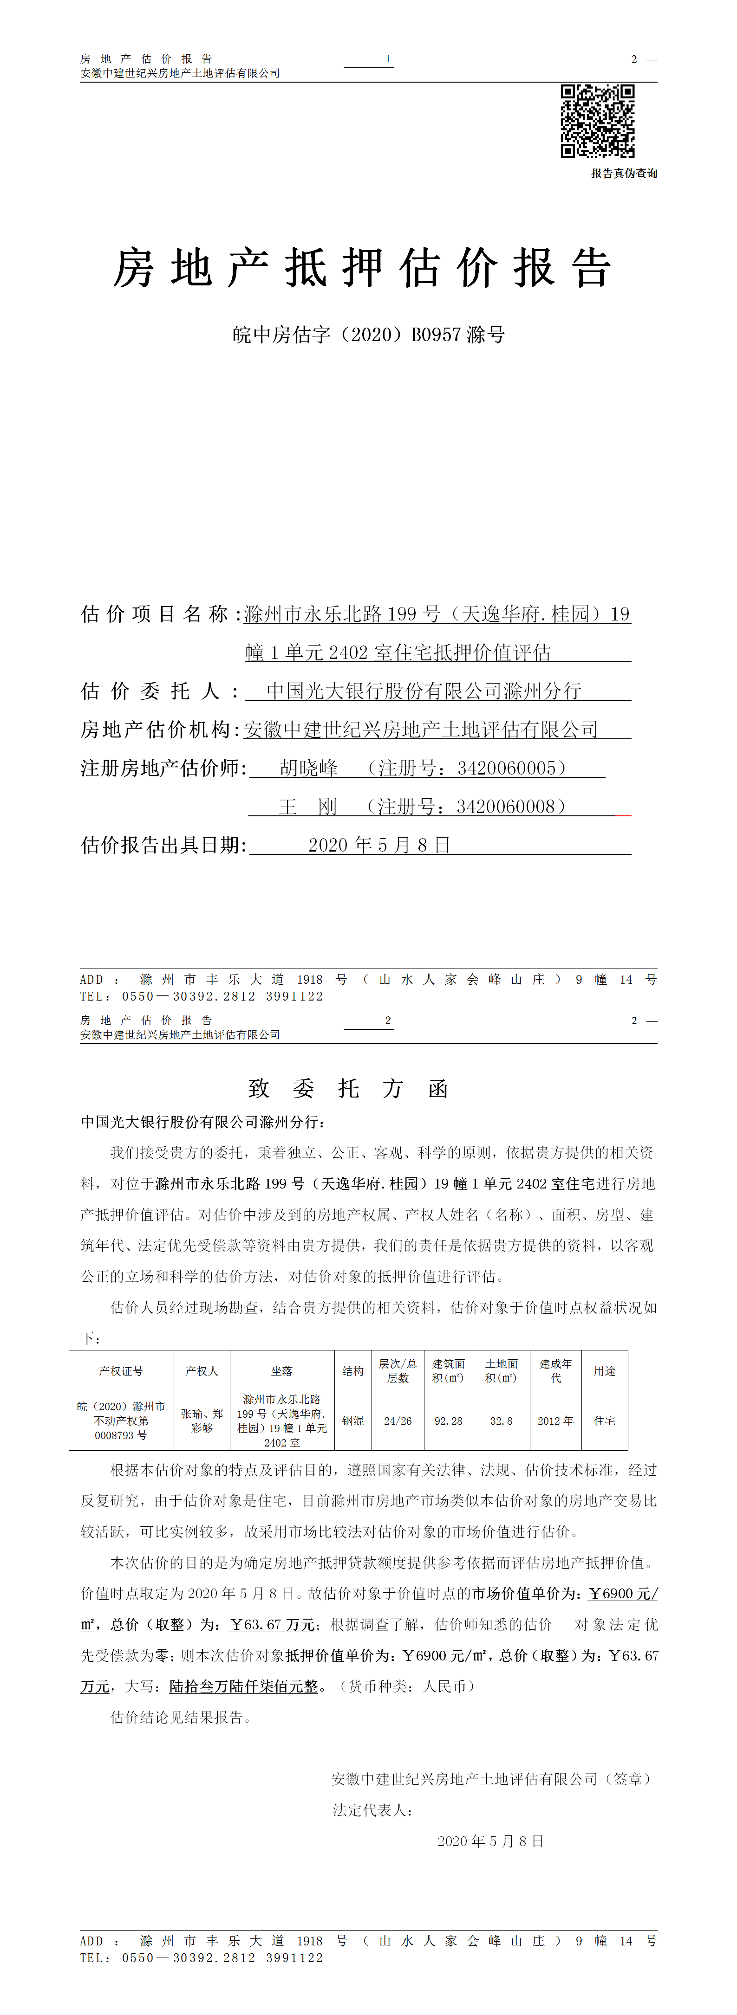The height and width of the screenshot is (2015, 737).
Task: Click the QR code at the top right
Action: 597,121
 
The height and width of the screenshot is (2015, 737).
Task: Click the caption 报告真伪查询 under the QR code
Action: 624,174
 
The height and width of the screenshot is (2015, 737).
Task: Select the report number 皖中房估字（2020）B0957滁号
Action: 369,335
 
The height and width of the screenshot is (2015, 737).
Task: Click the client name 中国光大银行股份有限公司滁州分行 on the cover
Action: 423,691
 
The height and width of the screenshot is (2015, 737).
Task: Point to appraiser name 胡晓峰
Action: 308,768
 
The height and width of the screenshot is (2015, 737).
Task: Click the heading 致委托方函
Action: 348,1088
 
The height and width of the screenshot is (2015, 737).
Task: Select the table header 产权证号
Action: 121,1371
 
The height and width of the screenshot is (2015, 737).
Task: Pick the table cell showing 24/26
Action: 398,1421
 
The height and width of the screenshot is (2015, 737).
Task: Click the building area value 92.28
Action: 448,1421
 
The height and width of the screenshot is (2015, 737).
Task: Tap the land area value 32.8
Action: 502,1421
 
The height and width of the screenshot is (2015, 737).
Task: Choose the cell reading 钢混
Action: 353,1421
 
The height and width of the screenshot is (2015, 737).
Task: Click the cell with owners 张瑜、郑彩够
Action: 202,1421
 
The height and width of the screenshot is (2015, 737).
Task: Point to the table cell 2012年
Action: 555,1421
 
